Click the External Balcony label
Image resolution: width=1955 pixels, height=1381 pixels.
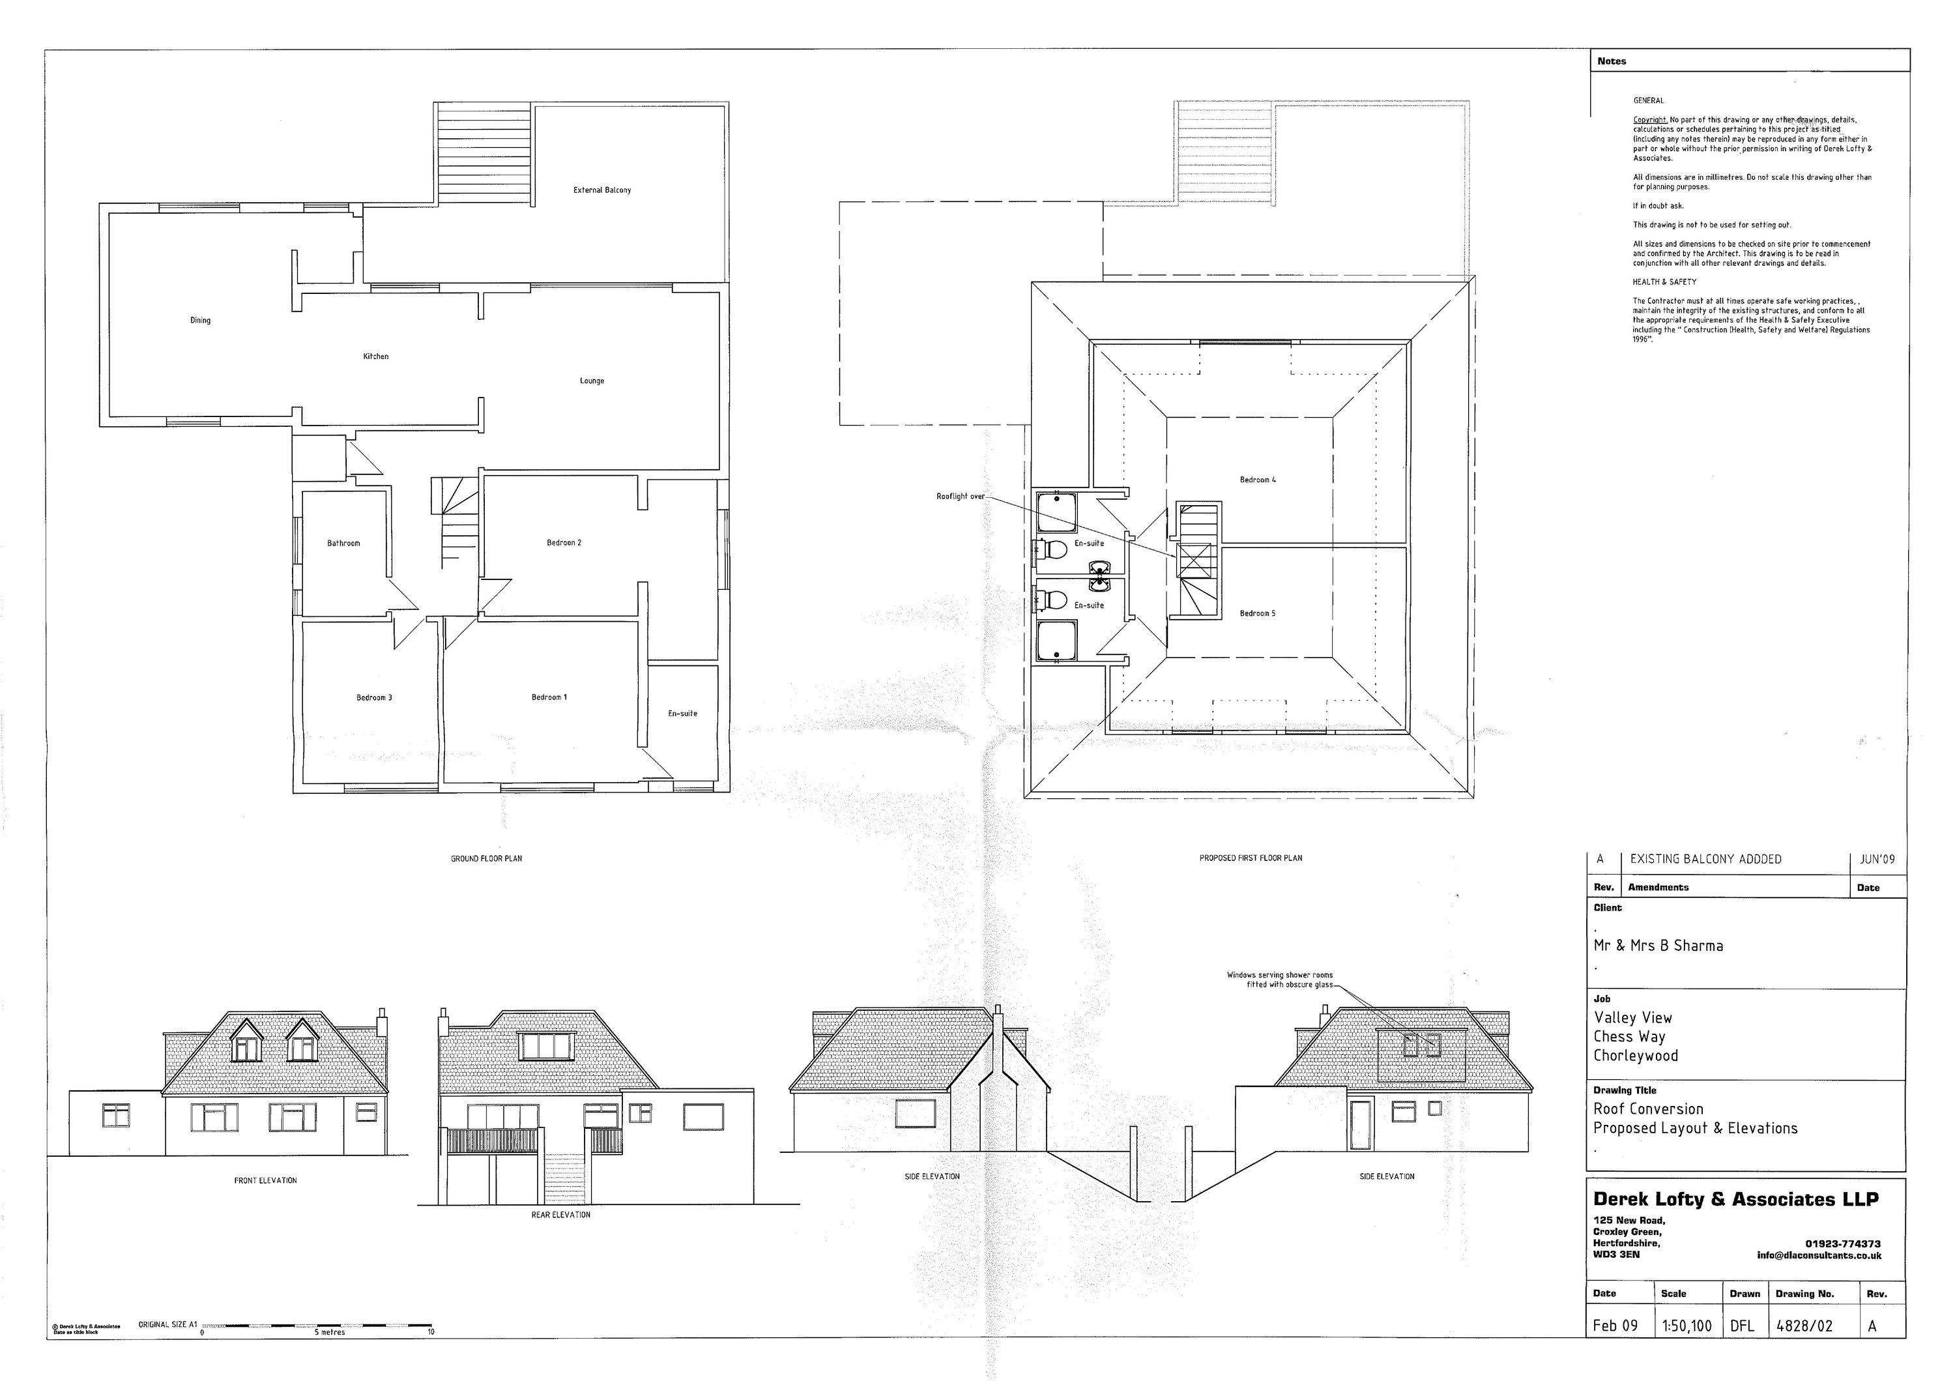pos(602,190)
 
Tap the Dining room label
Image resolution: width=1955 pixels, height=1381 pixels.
pos(200,320)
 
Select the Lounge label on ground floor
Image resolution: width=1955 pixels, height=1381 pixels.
pos(592,381)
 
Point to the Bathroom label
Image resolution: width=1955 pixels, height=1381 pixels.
pos(343,543)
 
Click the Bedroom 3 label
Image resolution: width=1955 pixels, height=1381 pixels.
pos(374,697)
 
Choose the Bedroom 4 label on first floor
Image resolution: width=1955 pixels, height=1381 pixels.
pos(1258,480)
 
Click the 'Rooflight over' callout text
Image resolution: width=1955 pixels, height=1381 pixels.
pos(961,497)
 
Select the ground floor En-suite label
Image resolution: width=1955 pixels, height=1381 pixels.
pos(682,714)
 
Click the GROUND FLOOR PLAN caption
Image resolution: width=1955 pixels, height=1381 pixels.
pos(486,858)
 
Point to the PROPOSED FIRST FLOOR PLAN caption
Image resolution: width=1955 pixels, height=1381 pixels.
pos(1250,858)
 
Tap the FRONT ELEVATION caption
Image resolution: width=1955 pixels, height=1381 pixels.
pos(266,1180)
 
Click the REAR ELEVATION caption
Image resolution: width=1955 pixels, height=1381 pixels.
pos(560,1215)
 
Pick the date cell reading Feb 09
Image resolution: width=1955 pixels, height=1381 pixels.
pos(1615,1326)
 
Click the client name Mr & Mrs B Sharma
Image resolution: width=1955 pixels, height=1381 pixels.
pos(1658,946)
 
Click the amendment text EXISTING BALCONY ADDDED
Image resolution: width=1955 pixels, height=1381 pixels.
pos(1705,859)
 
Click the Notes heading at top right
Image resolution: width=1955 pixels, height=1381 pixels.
pos(1611,61)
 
